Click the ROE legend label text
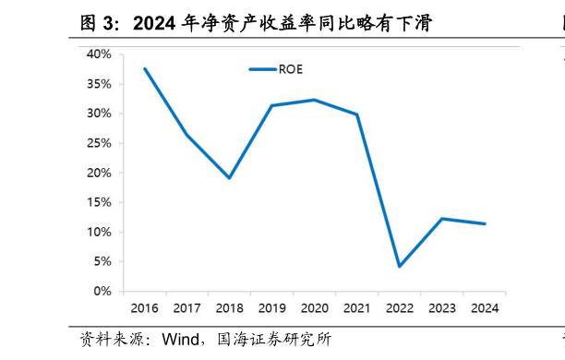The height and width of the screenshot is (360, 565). click(291, 69)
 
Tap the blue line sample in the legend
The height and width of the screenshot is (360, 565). click(263, 69)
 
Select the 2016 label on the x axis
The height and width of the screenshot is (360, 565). click(144, 306)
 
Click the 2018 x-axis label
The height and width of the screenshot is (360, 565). click(229, 306)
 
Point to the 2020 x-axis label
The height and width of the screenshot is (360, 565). click(314, 306)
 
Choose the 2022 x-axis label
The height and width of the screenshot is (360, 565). click(399, 306)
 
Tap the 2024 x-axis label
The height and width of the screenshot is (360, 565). click(484, 306)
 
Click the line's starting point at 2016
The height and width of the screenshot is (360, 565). click(145, 69)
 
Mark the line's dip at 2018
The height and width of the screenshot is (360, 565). click(229, 177)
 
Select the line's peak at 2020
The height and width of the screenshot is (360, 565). click(314, 100)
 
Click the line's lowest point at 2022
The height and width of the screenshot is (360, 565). click(399, 266)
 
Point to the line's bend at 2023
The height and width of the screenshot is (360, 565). click(441, 219)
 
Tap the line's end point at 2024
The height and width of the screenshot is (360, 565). click(485, 223)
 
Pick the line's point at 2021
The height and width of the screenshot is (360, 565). click(356, 114)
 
